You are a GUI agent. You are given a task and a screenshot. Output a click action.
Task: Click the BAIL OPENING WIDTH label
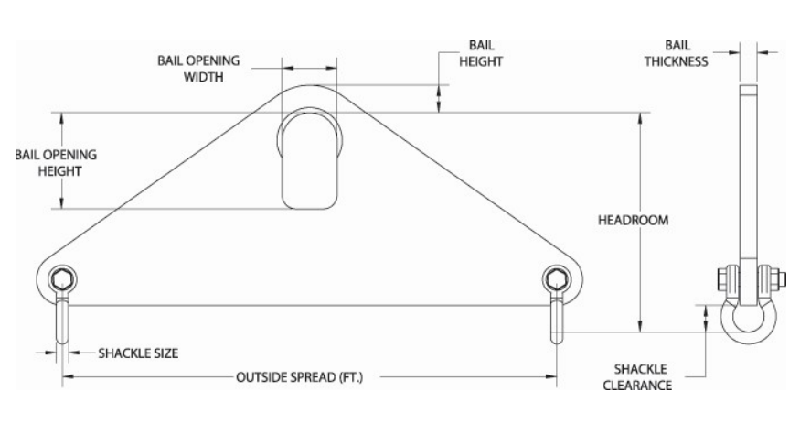(x=198, y=69)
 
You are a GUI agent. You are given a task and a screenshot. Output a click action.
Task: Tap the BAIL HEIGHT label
(x=481, y=53)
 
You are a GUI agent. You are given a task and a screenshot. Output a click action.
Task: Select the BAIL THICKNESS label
(x=676, y=53)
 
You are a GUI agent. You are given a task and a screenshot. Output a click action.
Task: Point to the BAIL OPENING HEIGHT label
(x=56, y=162)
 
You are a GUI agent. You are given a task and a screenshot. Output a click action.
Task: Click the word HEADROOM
(x=634, y=220)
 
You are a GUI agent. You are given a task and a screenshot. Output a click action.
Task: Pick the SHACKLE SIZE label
(x=138, y=353)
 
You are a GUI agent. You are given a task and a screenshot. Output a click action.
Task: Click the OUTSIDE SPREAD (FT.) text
(x=300, y=377)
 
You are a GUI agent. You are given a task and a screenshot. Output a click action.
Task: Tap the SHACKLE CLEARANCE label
(x=637, y=376)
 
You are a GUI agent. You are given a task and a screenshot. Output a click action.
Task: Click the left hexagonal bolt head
(x=62, y=279)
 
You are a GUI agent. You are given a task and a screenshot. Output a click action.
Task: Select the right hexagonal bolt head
(x=556, y=279)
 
